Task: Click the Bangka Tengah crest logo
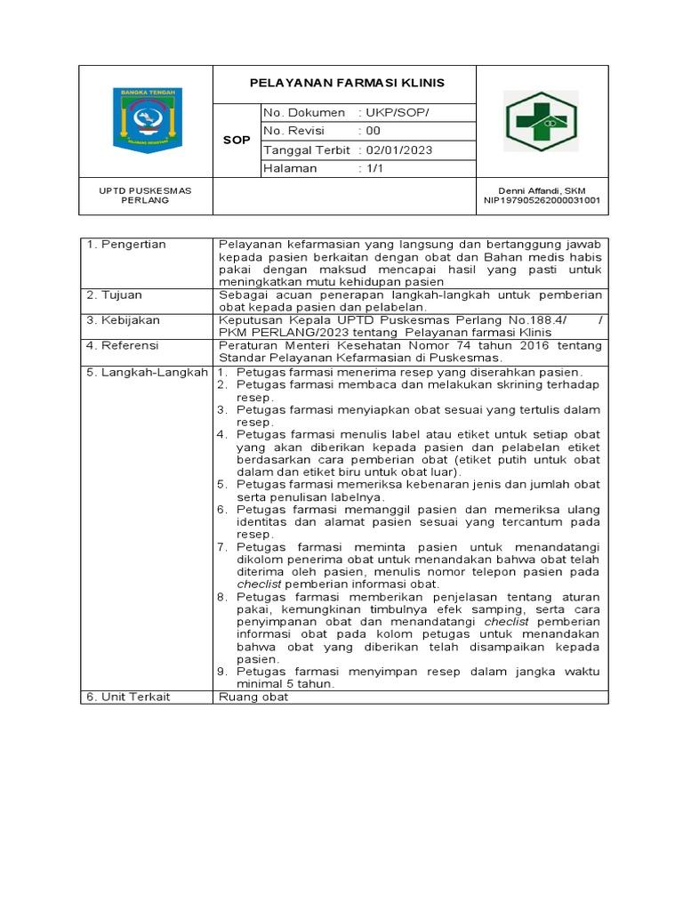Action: click(146, 120)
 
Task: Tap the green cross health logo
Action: click(542, 121)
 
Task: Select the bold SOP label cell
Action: click(236, 141)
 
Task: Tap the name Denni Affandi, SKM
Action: click(542, 190)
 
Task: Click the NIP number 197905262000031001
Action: click(542, 200)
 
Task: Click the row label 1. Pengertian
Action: click(125, 245)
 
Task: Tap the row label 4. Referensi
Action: click(122, 344)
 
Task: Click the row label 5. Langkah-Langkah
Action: click(147, 372)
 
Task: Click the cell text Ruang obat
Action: click(253, 697)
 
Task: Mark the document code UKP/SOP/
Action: click(398, 113)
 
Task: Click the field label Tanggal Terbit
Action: click(306, 150)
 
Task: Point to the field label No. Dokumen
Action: click(304, 113)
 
